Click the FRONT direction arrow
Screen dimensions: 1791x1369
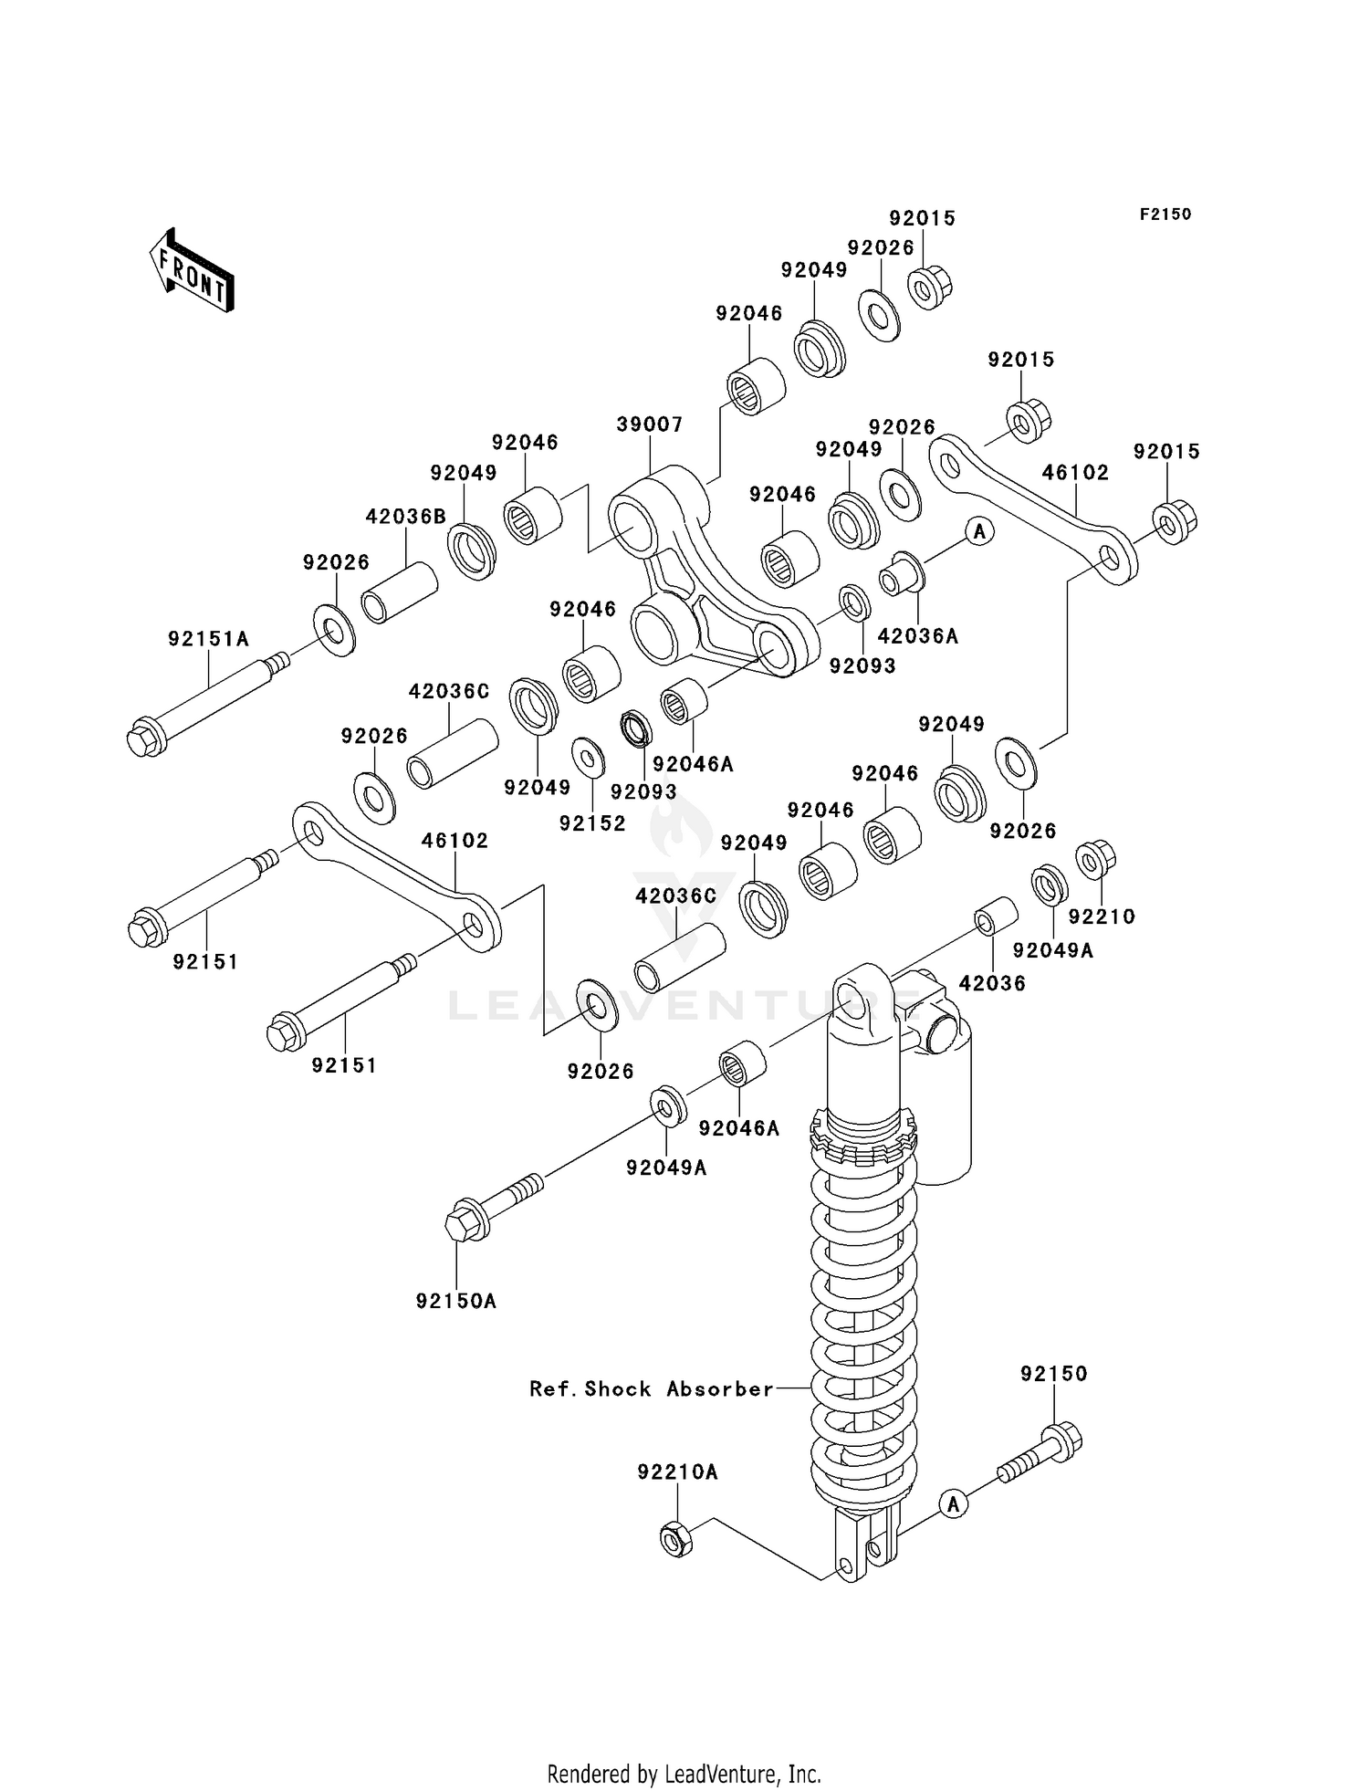192,271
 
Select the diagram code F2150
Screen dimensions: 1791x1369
1165,215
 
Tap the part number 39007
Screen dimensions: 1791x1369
649,424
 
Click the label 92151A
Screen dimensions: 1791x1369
208,639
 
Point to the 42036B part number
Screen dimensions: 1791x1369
405,517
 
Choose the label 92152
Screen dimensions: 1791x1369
592,823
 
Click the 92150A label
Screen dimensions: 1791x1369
455,1301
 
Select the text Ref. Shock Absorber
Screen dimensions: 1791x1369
652,1388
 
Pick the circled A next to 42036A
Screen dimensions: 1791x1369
979,530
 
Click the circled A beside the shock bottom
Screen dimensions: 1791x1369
954,1503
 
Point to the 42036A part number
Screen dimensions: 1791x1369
917,636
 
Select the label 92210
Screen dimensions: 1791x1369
1102,916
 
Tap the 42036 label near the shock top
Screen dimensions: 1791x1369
992,983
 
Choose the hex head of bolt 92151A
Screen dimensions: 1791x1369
144,738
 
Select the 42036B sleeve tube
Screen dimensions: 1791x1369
400,593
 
